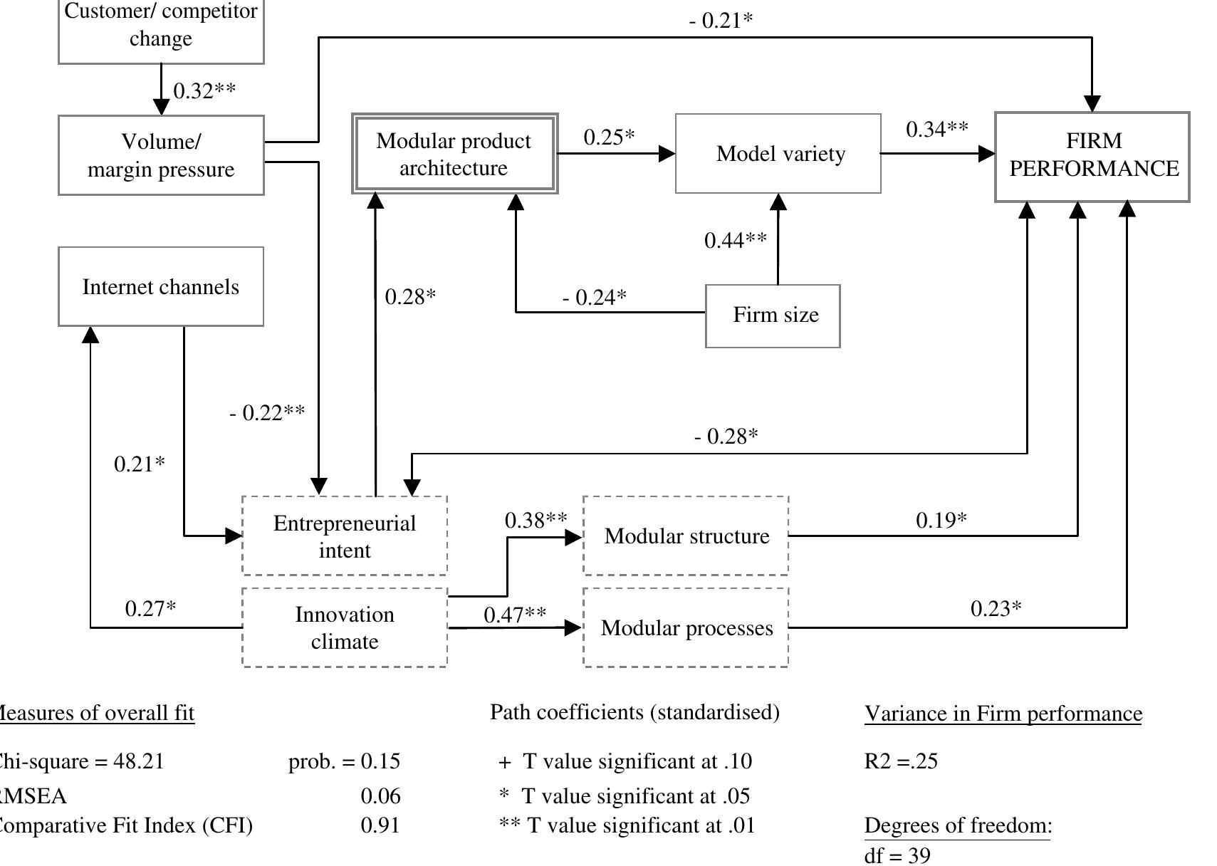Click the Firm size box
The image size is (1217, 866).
[773, 315]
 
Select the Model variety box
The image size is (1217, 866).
[778, 153]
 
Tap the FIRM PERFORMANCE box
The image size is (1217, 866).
[1092, 156]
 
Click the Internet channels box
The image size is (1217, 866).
[161, 287]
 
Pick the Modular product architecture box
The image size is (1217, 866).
[454, 154]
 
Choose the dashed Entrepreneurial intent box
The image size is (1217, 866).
[345, 536]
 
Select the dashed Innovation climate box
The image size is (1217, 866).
[345, 627]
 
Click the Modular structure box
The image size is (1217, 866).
[686, 536]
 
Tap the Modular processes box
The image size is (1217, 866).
[686, 627]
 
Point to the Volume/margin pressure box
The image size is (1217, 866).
[161, 155]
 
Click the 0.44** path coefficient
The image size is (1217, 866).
[736, 241]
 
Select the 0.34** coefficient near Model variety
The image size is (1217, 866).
[936, 130]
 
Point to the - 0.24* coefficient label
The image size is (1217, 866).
[594, 297]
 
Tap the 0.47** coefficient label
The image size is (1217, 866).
[515, 614]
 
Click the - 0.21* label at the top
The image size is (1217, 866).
[720, 21]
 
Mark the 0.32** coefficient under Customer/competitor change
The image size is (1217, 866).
[204, 91]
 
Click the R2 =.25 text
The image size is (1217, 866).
[901, 761]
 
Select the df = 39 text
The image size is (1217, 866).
[897, 855]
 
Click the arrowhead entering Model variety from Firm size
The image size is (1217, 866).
[778, 202]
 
